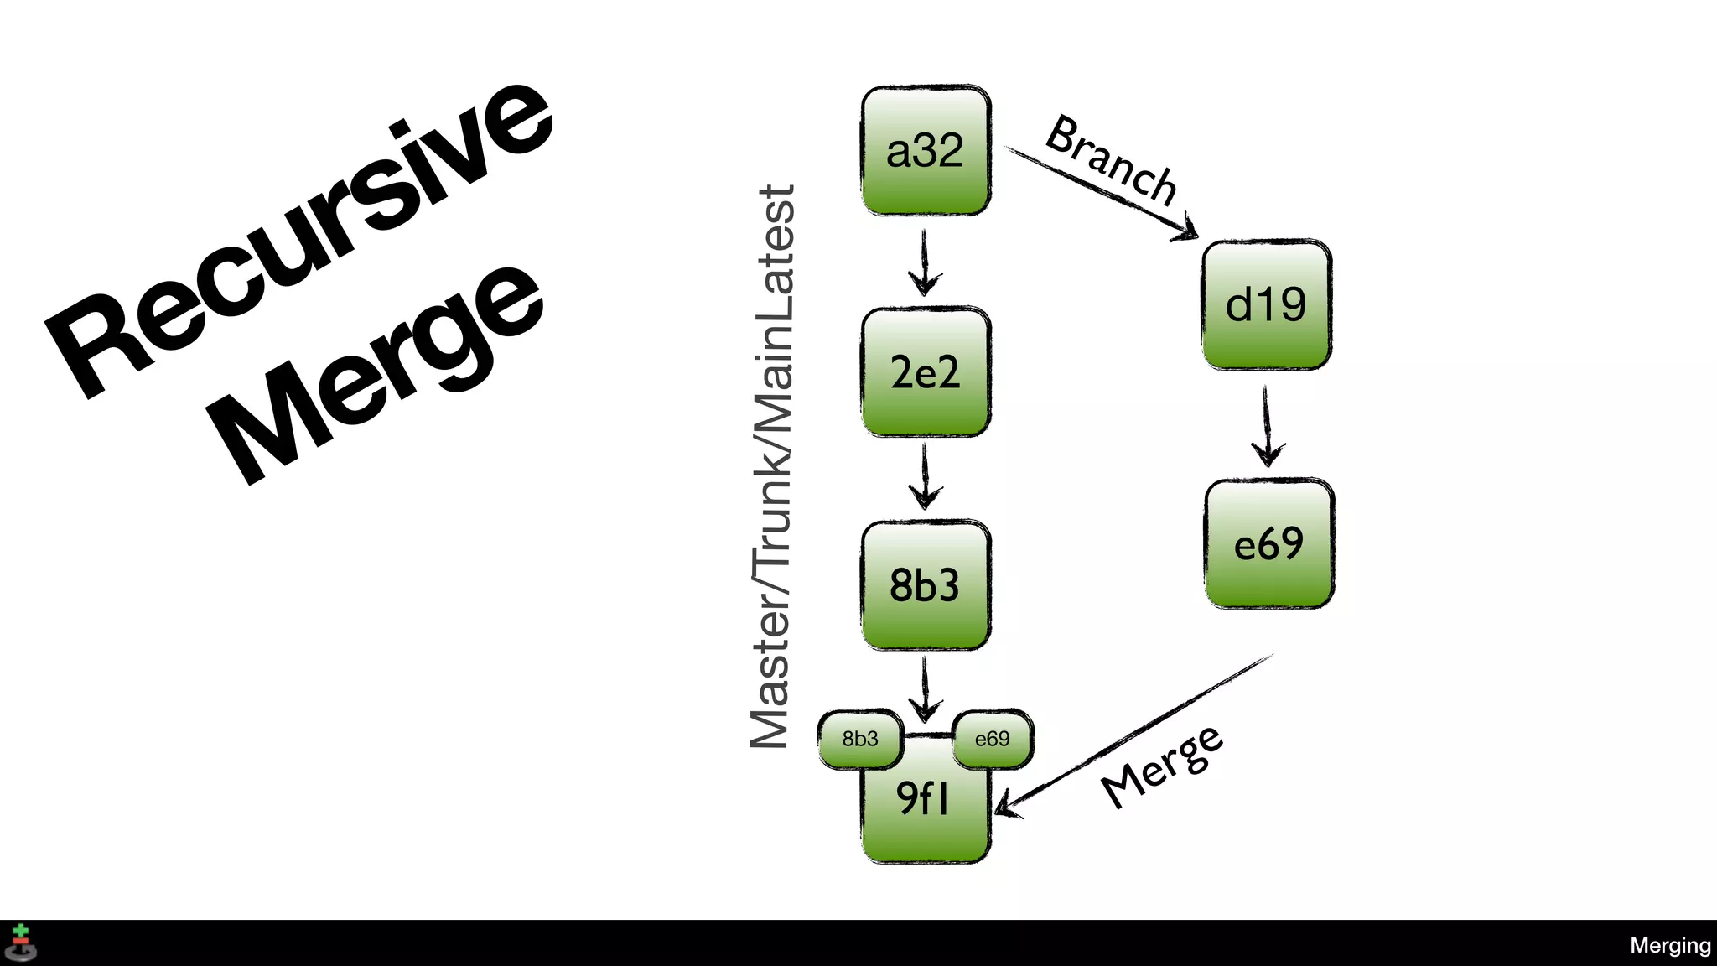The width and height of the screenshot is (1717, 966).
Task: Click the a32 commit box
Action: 926,151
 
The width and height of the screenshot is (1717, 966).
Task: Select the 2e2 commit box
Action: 926,372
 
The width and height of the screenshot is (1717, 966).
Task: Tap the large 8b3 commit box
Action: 926,585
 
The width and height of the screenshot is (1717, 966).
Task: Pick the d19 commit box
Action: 1266,304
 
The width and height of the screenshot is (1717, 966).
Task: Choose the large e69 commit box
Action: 1268,544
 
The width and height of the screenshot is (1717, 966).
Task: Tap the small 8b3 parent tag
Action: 860,739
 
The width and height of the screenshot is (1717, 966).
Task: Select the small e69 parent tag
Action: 993,739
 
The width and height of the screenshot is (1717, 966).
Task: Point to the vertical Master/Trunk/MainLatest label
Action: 772,466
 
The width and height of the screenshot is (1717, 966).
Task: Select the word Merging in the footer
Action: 1670,945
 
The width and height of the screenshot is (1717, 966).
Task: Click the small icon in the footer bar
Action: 21,943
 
